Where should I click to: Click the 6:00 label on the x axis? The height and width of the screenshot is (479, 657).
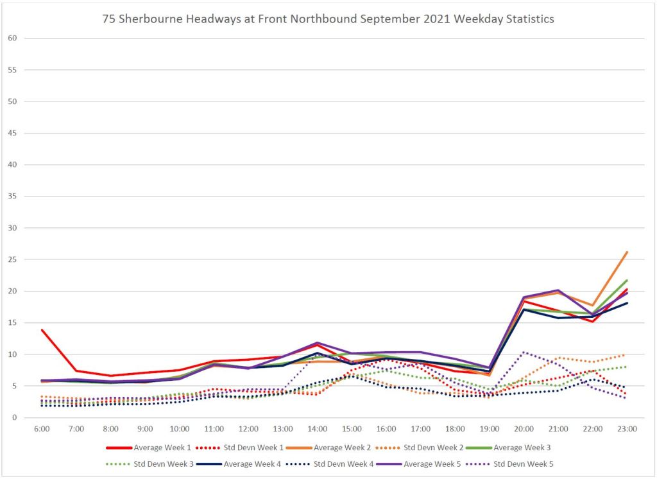tap(42, 428)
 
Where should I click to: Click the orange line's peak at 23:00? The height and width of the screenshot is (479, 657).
tap(626, 252)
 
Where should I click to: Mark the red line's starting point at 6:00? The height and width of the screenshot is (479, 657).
tap(42, 330)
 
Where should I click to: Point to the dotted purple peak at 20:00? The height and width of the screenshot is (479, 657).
tap(524, 352)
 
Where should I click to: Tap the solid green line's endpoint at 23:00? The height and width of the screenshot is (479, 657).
tap(626, 281)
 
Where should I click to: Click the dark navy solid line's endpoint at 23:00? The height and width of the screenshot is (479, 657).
tap(626, 303)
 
